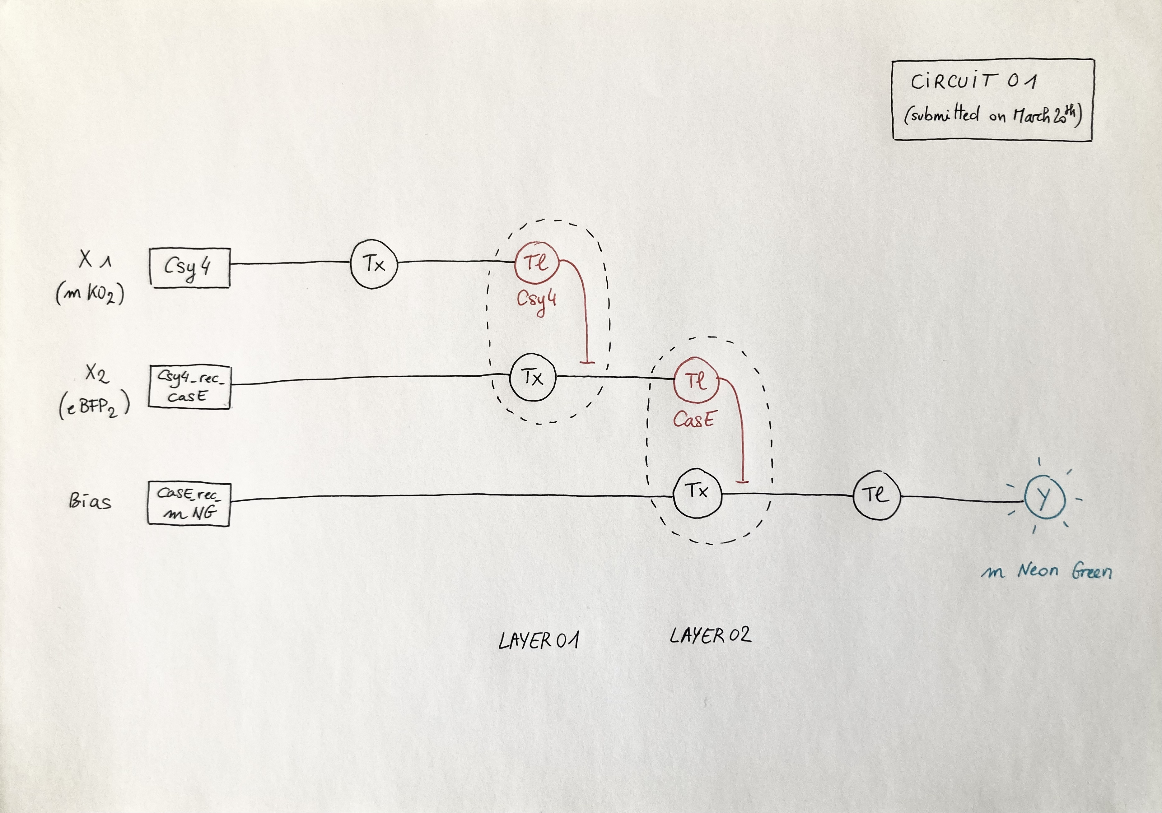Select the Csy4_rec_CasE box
tap(189, 387)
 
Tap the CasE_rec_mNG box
tap(189, 504)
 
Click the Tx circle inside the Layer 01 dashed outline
tap(532, 377)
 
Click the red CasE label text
tap(693, 419)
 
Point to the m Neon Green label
tap(1047, 572)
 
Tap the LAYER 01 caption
tap(539, 640)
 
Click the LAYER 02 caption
tap(710, 635)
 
